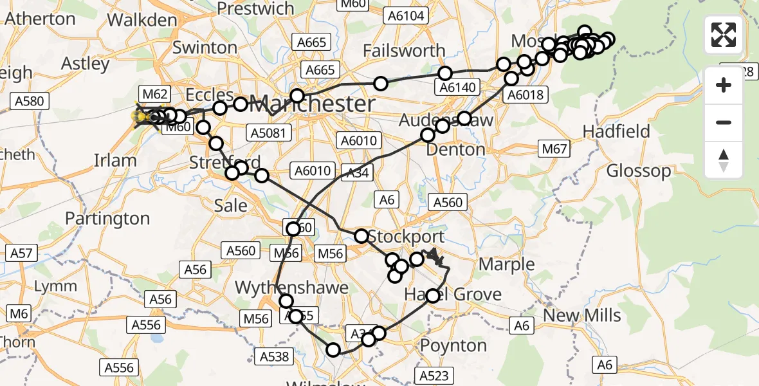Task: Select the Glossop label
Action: (x=639, y=171)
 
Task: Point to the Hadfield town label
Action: (x=616, y=131)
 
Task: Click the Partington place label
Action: (x=107, y=219)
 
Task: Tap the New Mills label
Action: (x=582, y=315)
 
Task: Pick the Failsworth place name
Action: (x=404, y=50)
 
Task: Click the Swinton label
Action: (x=205, y=48)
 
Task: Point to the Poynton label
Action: (x=453, y=345)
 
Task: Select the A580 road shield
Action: (x=28, y=101)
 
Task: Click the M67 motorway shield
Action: (x=554, y=150)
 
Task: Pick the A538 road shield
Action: (x=275, y=356)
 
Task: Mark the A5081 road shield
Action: (x=269, y=133)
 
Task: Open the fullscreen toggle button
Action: (x=724, y=34)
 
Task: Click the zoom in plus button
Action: (x=724, y=85)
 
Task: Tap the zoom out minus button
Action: (x=724, y=122)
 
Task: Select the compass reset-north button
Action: (x=724, y=160)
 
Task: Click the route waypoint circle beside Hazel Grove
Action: (x=433, y=295)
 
